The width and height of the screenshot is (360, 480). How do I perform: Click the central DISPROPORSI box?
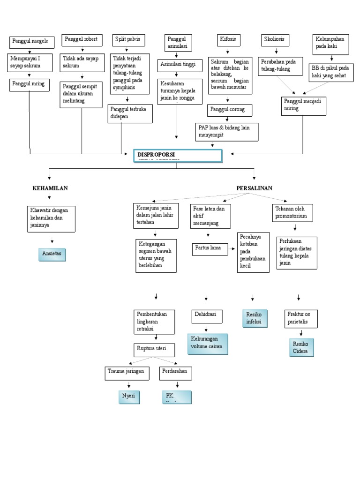pyautogui.click(x=178, y=156)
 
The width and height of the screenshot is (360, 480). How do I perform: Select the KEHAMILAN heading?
pyautogui.click(x=50, y=188)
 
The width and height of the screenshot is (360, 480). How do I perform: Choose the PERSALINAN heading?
pyautogui.click(x=254, y=188)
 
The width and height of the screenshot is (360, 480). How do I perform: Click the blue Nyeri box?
pyautogui.click(x=129, y=396)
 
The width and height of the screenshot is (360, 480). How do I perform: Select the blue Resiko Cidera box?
pyautogui.click(x=300, y=347)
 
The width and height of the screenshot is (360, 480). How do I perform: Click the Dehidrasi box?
pyautogui.click(x=206, y=316)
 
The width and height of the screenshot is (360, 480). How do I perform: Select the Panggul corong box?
pyautogui.click(x=229, y=111)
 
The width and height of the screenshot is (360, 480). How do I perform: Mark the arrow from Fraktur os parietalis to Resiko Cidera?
pyautogui.click(x=300, y=333)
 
